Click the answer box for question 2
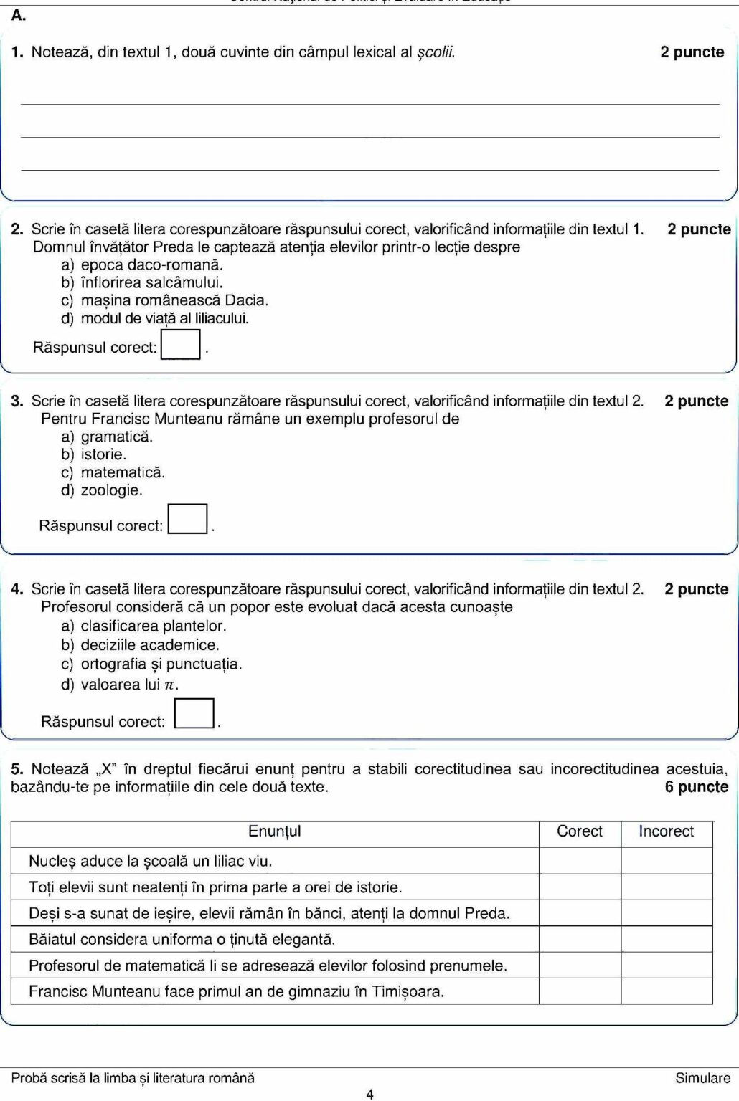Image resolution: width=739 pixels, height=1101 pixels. click(181, 344)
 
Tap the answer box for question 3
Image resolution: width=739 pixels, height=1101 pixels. click(187, 519)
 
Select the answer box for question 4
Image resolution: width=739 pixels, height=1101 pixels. click(194, 713)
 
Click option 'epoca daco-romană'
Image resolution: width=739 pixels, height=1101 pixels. click(151, 264)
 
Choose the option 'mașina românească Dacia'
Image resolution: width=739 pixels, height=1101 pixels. click(174, 300)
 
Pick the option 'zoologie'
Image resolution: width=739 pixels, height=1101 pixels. click(111, 490)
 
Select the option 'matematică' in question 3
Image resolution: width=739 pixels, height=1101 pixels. click(123, 472)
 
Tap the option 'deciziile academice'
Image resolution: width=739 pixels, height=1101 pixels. click(150, 645)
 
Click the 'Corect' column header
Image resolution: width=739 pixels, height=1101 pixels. click(580, 831)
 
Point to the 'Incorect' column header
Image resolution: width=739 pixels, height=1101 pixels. click(667, 831)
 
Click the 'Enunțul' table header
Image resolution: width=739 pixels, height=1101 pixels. click(275, 831)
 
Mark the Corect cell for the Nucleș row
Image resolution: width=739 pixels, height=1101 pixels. click(580, 861)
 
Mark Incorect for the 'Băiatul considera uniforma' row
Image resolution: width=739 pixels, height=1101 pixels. click(667, 939)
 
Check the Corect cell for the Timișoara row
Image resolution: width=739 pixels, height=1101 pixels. click(580, 992)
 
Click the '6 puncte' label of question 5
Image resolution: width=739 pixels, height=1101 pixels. click(696, 787)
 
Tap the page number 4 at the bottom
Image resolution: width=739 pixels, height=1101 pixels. click(369, 1094)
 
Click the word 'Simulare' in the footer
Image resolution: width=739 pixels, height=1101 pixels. click(702, 1078)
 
